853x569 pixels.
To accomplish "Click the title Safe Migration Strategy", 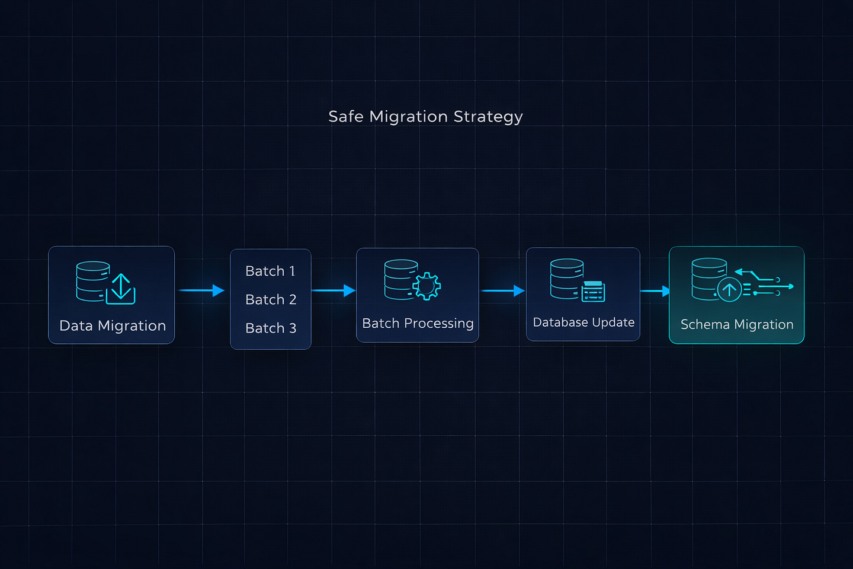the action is click(425, 117).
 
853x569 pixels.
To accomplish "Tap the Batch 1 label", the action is click(270, 271).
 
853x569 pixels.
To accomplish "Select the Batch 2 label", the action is click(271, 299).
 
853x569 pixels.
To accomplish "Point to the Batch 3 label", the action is click(271, 328).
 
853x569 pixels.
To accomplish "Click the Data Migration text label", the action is click(113, 326).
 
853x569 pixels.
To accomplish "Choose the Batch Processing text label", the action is click(418, 323).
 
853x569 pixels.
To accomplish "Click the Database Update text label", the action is click(583, 322).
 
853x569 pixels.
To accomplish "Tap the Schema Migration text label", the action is click(737, 324).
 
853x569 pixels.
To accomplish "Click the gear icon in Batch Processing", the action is click(427, 286).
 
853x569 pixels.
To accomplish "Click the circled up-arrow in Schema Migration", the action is click(729, 290).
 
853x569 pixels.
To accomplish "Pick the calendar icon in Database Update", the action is click(594, 292).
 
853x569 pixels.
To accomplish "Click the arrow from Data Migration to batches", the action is click(202, 290).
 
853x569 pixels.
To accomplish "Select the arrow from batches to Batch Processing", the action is click(333, 290).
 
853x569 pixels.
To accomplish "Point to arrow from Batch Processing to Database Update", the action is click(503, 291).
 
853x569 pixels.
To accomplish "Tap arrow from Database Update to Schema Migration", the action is click(655, 291).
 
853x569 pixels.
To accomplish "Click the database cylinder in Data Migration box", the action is click(92, 282).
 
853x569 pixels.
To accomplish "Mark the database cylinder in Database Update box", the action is click(567, 279).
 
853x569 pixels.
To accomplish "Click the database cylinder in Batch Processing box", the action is click(401, 279).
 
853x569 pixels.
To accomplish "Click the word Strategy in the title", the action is click(488, 117).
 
